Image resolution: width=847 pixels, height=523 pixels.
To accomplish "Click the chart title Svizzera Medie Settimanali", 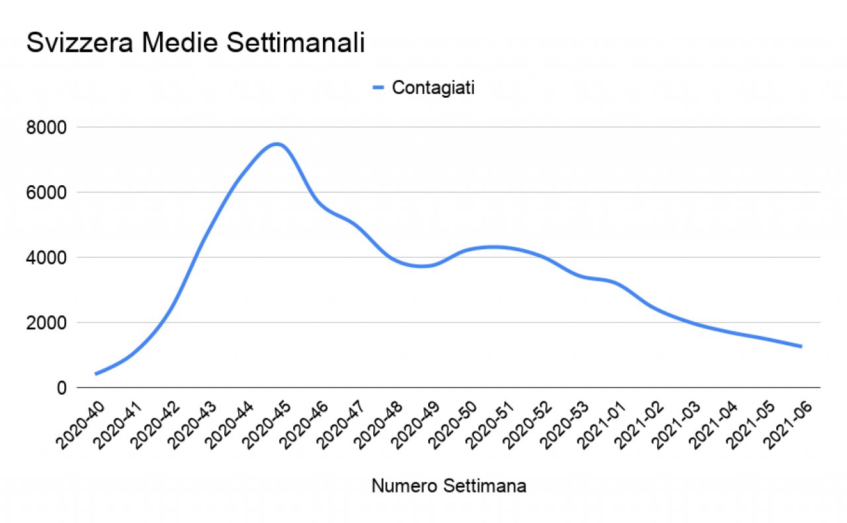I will pos(195,44).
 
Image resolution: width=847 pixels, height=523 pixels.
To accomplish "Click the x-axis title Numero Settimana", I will pos(449,486).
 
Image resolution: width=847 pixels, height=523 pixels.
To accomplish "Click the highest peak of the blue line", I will pos(277,143).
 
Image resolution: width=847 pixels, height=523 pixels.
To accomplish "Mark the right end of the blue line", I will pos(801,346).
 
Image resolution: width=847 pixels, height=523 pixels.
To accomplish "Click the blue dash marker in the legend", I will pos(379,88).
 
